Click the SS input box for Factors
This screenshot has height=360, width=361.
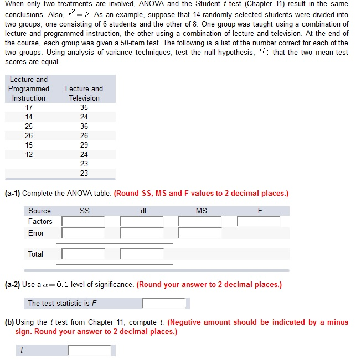(x=83, y=221)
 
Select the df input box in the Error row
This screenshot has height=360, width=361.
(x=142, y=233)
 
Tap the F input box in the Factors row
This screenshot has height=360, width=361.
(x=259, y=221)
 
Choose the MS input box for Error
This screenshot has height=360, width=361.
(x=200, y=233)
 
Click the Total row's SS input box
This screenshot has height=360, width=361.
(x=83, y=254)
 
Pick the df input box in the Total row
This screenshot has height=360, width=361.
(x=142, y=254)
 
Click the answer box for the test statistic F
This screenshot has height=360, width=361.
(x=164, y=303)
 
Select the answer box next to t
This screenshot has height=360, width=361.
(x=90, y=350)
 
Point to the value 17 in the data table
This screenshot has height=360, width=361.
(x=29, y=107)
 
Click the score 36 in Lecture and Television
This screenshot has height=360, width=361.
(x=84, y=126)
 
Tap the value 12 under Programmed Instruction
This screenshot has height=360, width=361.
(x=29, y=154)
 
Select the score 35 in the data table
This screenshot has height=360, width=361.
(x=84, y=107)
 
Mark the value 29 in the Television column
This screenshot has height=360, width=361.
(x=84, y=145)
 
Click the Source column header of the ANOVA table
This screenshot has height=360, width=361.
(x=39, y=211)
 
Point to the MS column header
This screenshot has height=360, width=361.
(x=201, y=211)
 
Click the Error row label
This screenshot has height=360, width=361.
(x=36, y=233)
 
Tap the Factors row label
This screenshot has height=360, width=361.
(x=40, y=221)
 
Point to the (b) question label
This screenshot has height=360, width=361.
(x=9, y=322)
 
